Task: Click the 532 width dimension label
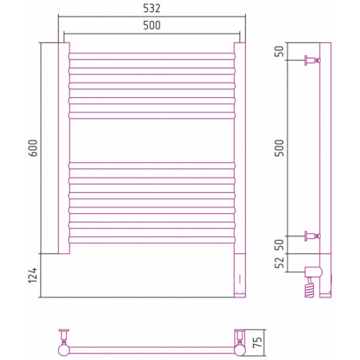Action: click(x=152, y=8)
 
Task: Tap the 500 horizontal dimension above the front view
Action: click(x=152, y=25)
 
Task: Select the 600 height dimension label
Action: click(x=32, y=148)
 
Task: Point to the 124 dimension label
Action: click(x=32, y=275)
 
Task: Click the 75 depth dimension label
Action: click(x=257, y=342)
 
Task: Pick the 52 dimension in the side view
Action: click(x=279, y=263)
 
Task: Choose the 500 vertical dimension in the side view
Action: click(x=279, y=148)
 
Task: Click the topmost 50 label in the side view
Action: click(x=279, y=51)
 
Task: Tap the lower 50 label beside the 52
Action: click(x=279, y=245)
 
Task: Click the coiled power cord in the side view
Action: click(x=310, y=288)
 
